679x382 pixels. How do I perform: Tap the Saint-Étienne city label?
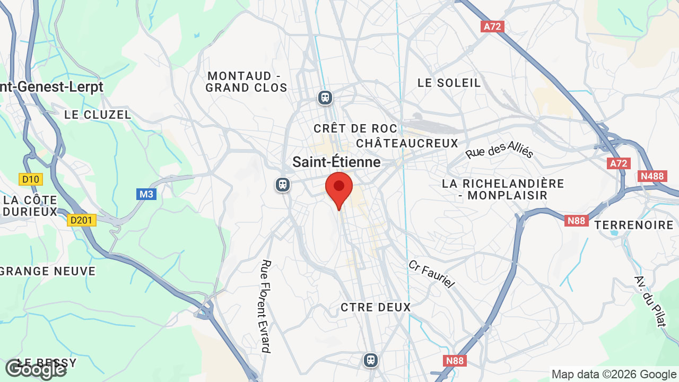pyautogui.click(x=336, y=162)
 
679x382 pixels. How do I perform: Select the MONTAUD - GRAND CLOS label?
pyautogui.click(x=246, y=82)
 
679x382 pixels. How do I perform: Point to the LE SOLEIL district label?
pyautogui.click(x=449, y=83)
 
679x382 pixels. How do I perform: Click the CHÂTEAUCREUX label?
pyautogui.click(x=407, y=143)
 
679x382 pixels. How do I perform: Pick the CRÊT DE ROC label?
pyautogui.click(x=355, y=128)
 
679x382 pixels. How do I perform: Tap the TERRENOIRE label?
pyautogui.click(x=633, y=225)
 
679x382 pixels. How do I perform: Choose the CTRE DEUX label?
pyautogui.click(x=376, y=307)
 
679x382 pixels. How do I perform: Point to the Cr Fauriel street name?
pyautogui.click(x=431, y=274)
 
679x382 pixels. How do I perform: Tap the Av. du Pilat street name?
pyautogui.click(x=650, y=301)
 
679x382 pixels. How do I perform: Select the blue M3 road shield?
pyautogui.click(x=146, y=194)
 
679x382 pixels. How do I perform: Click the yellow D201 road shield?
pyautogui.click(x=82, y=220)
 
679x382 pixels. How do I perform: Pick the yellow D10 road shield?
pyautogui.click(x=30, y=179)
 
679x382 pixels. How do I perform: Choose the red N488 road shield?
pyautogui.click(x=651, y=176)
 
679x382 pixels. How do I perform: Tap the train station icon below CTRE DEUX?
pyautogui.click(x=370, y=360)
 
